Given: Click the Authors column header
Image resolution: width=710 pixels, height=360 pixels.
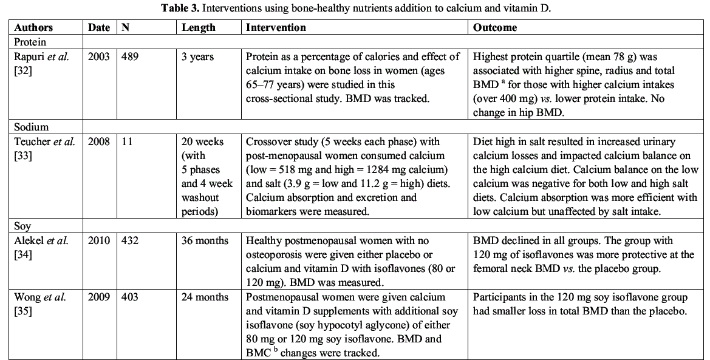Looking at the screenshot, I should pos(33,28).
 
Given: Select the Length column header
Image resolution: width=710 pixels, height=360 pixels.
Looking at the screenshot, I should pos(198,28).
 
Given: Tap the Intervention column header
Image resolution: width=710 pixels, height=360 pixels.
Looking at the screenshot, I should pos(276,28).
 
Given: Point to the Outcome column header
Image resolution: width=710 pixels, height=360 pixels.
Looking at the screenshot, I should pos(495,28).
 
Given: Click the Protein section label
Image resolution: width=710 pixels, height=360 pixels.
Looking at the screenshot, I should pos(30,42).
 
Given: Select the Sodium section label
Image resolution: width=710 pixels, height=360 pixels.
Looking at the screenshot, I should pos(31,127).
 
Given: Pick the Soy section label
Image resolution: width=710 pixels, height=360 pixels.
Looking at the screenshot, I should pos(22,226).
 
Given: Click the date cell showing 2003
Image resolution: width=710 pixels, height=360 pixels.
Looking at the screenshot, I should pos(98,57).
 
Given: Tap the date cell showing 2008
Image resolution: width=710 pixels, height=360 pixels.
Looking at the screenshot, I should pos(98,142).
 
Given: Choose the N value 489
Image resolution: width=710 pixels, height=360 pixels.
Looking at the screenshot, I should pos(130,57).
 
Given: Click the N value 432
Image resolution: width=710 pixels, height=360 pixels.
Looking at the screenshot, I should pos(130,241).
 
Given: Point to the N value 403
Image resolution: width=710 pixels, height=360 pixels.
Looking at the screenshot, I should pos(130,297).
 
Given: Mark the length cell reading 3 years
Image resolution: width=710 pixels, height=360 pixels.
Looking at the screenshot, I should pos(197,57).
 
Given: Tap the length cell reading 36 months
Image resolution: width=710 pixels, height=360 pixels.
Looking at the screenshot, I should pos(205,241).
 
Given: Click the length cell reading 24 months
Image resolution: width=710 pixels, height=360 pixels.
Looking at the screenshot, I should pos(205,297).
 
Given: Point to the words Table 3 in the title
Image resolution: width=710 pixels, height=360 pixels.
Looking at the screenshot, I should pos(183,8).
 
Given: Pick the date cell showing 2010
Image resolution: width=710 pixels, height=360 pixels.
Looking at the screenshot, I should pos(98,241).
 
